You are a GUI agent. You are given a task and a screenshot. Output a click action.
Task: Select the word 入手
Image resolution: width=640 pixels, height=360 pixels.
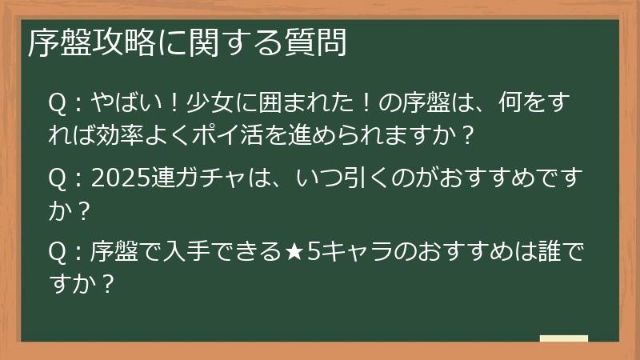pyautogui.click(x=184, y=254)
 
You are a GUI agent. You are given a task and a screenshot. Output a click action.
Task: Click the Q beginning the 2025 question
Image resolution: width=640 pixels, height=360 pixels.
pyautogui.click(x=57, y=180)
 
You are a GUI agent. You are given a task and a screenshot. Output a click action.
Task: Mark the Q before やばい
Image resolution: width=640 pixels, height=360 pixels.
pyautogui.click(x=57, y=104)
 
